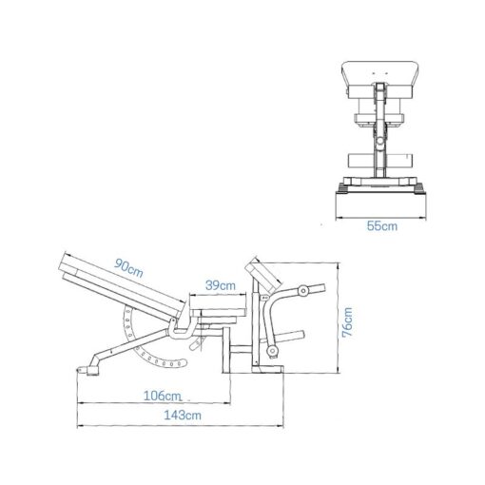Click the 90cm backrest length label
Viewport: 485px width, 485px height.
click(128, 270)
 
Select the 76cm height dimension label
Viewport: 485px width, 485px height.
click(348, 322)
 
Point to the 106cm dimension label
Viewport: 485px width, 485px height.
click(162, 394)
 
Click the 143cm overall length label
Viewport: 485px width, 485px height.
click(182, 415)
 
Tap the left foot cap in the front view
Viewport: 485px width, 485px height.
click(340, 188)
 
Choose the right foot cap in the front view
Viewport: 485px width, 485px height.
click(420, 188)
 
